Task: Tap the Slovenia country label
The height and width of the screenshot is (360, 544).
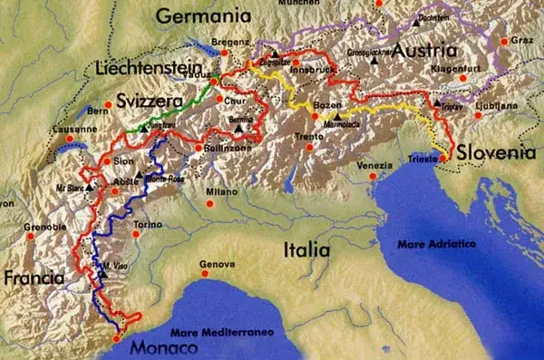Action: (x=493, y=151)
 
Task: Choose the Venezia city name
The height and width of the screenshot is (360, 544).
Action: (x=375, y=165)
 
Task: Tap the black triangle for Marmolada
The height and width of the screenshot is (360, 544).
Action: (x=336, y=116)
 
